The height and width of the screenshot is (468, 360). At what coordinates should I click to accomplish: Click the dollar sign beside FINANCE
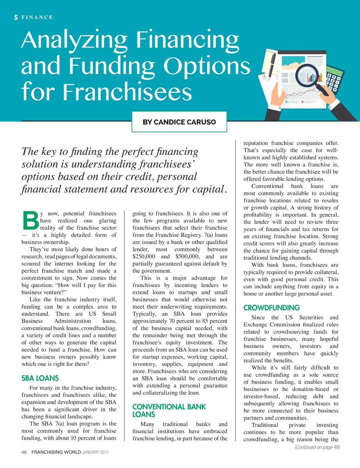pyautogui.click(x=16, y=17)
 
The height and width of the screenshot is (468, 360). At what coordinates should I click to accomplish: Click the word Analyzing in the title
pyautogui.click(x=74, y=41)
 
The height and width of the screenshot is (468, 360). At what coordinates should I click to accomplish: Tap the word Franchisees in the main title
pyautogui.click(x=127, y=92)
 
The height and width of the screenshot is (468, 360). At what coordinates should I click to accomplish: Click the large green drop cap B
pyautogui.click(x=30, y=221)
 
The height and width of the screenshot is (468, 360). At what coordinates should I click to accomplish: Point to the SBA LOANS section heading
pyautogui.click(x=40, y=378)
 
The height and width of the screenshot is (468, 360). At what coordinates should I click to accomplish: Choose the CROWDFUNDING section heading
pyautogui.click(x=271, y=308)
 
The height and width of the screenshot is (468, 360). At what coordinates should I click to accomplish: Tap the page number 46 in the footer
pyautogui.click(x=24, y=452)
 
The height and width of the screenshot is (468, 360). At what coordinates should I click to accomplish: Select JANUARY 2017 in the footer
pyautogui.click(x=95, y=452)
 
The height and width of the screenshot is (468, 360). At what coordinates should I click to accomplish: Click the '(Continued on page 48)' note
pyautogui.click(x=317, y=447)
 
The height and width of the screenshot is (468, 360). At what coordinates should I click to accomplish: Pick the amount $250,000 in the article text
pyautogui.click(x=144, y=257)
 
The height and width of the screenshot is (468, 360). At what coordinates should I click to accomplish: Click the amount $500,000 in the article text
pyautogui.click(x=187, y=257)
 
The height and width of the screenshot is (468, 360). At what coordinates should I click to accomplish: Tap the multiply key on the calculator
pyautogui.click(x=339, y=78)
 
